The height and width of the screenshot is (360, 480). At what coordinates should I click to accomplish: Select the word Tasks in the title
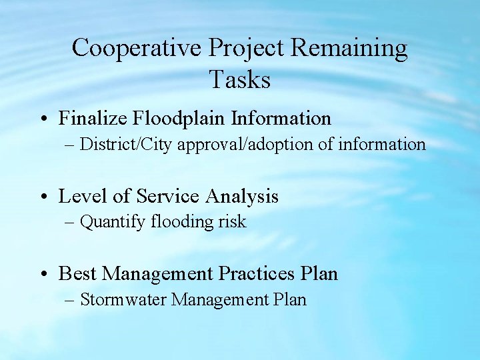[240, 80]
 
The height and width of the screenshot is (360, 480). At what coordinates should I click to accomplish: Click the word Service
[167, 196]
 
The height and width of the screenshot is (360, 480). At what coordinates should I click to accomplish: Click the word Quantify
[109, 222]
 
